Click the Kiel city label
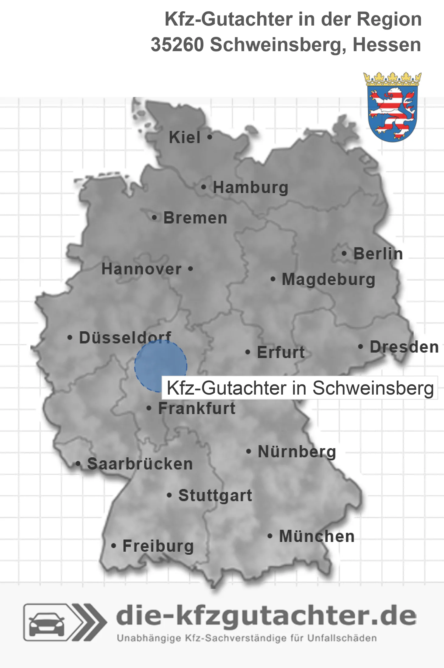pyautogui.click(x=185, y=137)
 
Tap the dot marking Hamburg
pyautogui.click(x=204, y=187)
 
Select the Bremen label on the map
pyautogui.click(x=195, y=218)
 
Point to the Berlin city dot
pyautogui.click(x=344, y=253)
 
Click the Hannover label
pyautogui.click(x=141, y=269)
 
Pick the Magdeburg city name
pyautogui.click(x=328, y=280)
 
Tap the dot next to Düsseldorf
pyautogui.click(x=70, y=338)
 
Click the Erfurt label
pyautogui.click(x=281, y=352)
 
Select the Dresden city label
pyautogui.click(x=404, y=347)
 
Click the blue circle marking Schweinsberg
pyautogui.click(x=161, y=366)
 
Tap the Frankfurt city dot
pyautogui.click(x=149, y=408)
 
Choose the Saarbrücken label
pyautogui.click(x=140, y=464)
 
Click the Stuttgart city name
pyautogui.click(x=215, y=495)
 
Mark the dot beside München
pyautogui.click(x=270, y=536)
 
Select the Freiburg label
pyautogui.click(x=158, y=546)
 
